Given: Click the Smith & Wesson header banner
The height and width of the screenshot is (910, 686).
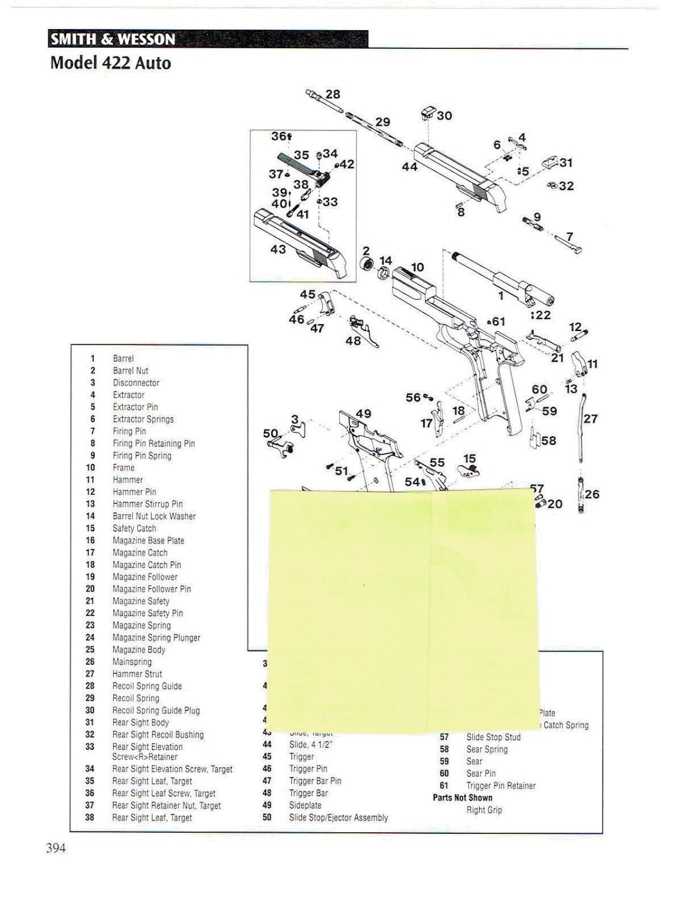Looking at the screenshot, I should click(208, 39).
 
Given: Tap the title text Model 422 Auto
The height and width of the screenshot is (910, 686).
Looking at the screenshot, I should click(111, 63).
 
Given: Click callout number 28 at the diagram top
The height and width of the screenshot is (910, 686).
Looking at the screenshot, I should click(332, 94).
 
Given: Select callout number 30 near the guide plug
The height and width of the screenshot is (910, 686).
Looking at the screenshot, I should click(444, 116).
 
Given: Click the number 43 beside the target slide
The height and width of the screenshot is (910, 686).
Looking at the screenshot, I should click(278, 249).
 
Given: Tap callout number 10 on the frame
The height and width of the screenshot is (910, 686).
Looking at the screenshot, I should click(417, 267).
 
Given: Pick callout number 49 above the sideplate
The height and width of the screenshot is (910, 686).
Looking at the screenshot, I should click(363, 413).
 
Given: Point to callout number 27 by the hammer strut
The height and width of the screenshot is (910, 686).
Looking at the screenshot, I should click(591, 419).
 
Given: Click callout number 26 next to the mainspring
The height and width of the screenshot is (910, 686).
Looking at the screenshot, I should click(592, 494).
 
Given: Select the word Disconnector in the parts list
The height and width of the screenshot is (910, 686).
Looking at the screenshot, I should click(136, 383).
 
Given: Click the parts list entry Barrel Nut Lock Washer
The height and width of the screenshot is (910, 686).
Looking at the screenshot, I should click(154, 516).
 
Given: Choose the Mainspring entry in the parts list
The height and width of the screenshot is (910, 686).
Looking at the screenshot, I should click(132, 662).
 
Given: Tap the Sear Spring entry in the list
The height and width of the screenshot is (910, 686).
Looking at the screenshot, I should click(487, 749).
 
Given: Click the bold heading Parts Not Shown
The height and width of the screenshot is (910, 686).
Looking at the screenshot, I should click(463, 797).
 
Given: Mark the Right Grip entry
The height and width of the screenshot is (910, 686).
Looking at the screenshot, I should click(484, 810).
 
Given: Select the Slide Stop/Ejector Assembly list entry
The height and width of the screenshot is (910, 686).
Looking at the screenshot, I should click(339, 818).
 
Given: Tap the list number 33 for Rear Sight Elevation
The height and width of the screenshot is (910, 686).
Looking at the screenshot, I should click(90, 747).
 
